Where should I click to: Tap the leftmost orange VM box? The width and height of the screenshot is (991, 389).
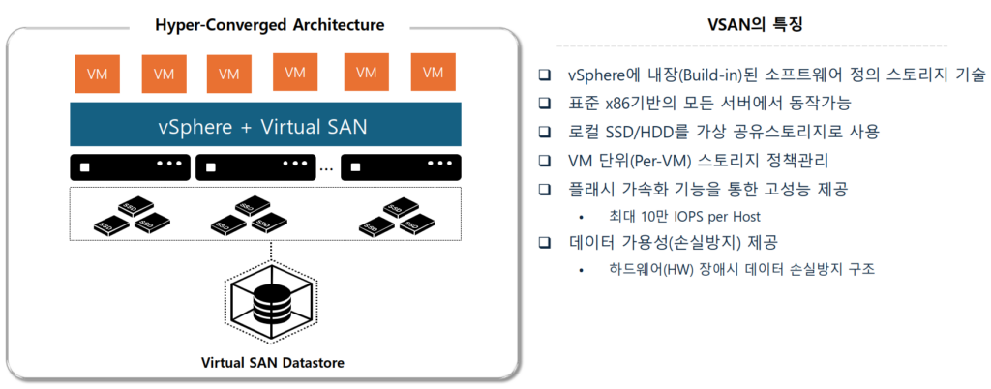(x=97, y=74)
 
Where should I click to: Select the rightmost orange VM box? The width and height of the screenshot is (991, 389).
(x=433, y=73)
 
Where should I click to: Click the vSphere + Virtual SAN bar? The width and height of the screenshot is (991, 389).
(x=262, y=126)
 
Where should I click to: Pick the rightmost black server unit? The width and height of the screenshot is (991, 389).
(x=400, y=167)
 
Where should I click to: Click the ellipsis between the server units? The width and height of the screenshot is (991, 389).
(x=326, y=169)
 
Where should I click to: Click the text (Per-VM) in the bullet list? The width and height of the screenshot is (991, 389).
(x=658, y=160)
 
